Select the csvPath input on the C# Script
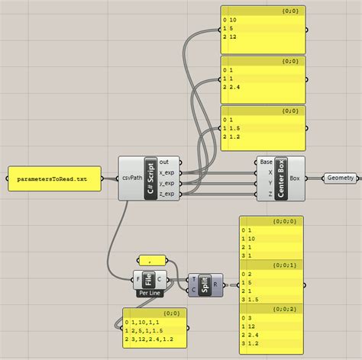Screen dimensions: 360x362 (x=131, y=178)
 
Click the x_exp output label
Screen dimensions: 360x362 (x=166, y=172)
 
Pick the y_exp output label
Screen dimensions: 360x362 (x=166, y=183)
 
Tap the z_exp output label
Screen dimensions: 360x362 (x=166, y=194)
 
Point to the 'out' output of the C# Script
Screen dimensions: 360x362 (x=165, y=162)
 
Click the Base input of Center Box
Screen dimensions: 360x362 (x=266, y=162)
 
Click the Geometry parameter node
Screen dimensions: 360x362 (x=339, y=178)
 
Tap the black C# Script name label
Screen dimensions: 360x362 (x=150, y=178)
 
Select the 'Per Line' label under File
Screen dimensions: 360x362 (x=149, y=292)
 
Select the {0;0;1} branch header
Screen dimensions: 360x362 (x=271, y=265)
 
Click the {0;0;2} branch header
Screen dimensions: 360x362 (x=271, y=308)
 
